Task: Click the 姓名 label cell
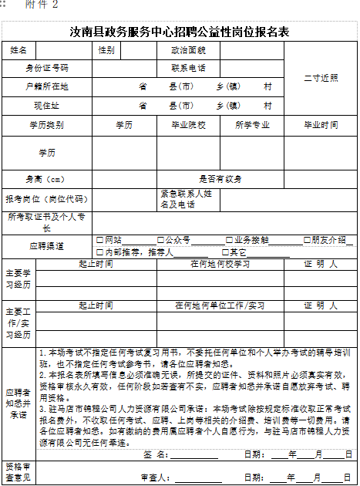pyautogui.click(x=19, y=51)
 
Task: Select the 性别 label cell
pyautogui.click(x=106, y=51)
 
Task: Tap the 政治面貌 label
pyautogui.click(x=188, y=51)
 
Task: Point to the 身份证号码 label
pyautogui.click(x=47, y=69)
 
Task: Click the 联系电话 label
pyautogui.click(x=188, y=69)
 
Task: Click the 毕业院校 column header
pyautogui.click(x=188, y=124)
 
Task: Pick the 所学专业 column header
pyautogui.click(x=252, y=124)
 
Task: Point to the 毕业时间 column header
pyautogui.click(x=320, y=124)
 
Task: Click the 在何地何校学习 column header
pyautogui.click(x=220, y=264)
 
